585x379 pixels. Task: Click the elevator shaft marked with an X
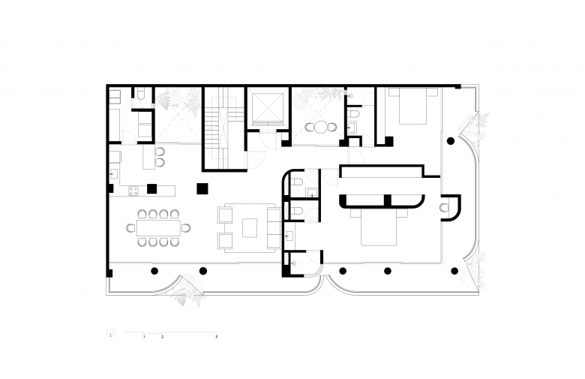coord(266,108)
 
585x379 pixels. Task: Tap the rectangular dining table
coord(158,227)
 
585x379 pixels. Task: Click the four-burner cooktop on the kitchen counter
coord(133,191)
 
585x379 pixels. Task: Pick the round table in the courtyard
coord(320,128)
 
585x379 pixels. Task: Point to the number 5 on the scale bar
coord(217,337)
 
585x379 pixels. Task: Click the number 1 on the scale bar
coord(144,337)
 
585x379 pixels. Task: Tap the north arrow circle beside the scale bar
coord(110,333)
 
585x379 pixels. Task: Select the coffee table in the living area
coord(250,227)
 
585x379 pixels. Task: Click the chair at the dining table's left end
coord(131,227)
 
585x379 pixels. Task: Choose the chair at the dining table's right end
coord(186,227)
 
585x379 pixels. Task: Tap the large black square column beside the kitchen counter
coord(202,188)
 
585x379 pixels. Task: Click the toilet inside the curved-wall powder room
coord(444,207)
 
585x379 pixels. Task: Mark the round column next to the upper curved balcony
coord(451,141)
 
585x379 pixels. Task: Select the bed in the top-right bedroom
coord(412,106)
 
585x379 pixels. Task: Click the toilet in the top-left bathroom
coord(141,93)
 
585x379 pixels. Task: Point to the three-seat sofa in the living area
coord(274,227)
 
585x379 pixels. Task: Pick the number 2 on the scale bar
coord(162,337)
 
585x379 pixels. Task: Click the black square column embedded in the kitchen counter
coord(151,189)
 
